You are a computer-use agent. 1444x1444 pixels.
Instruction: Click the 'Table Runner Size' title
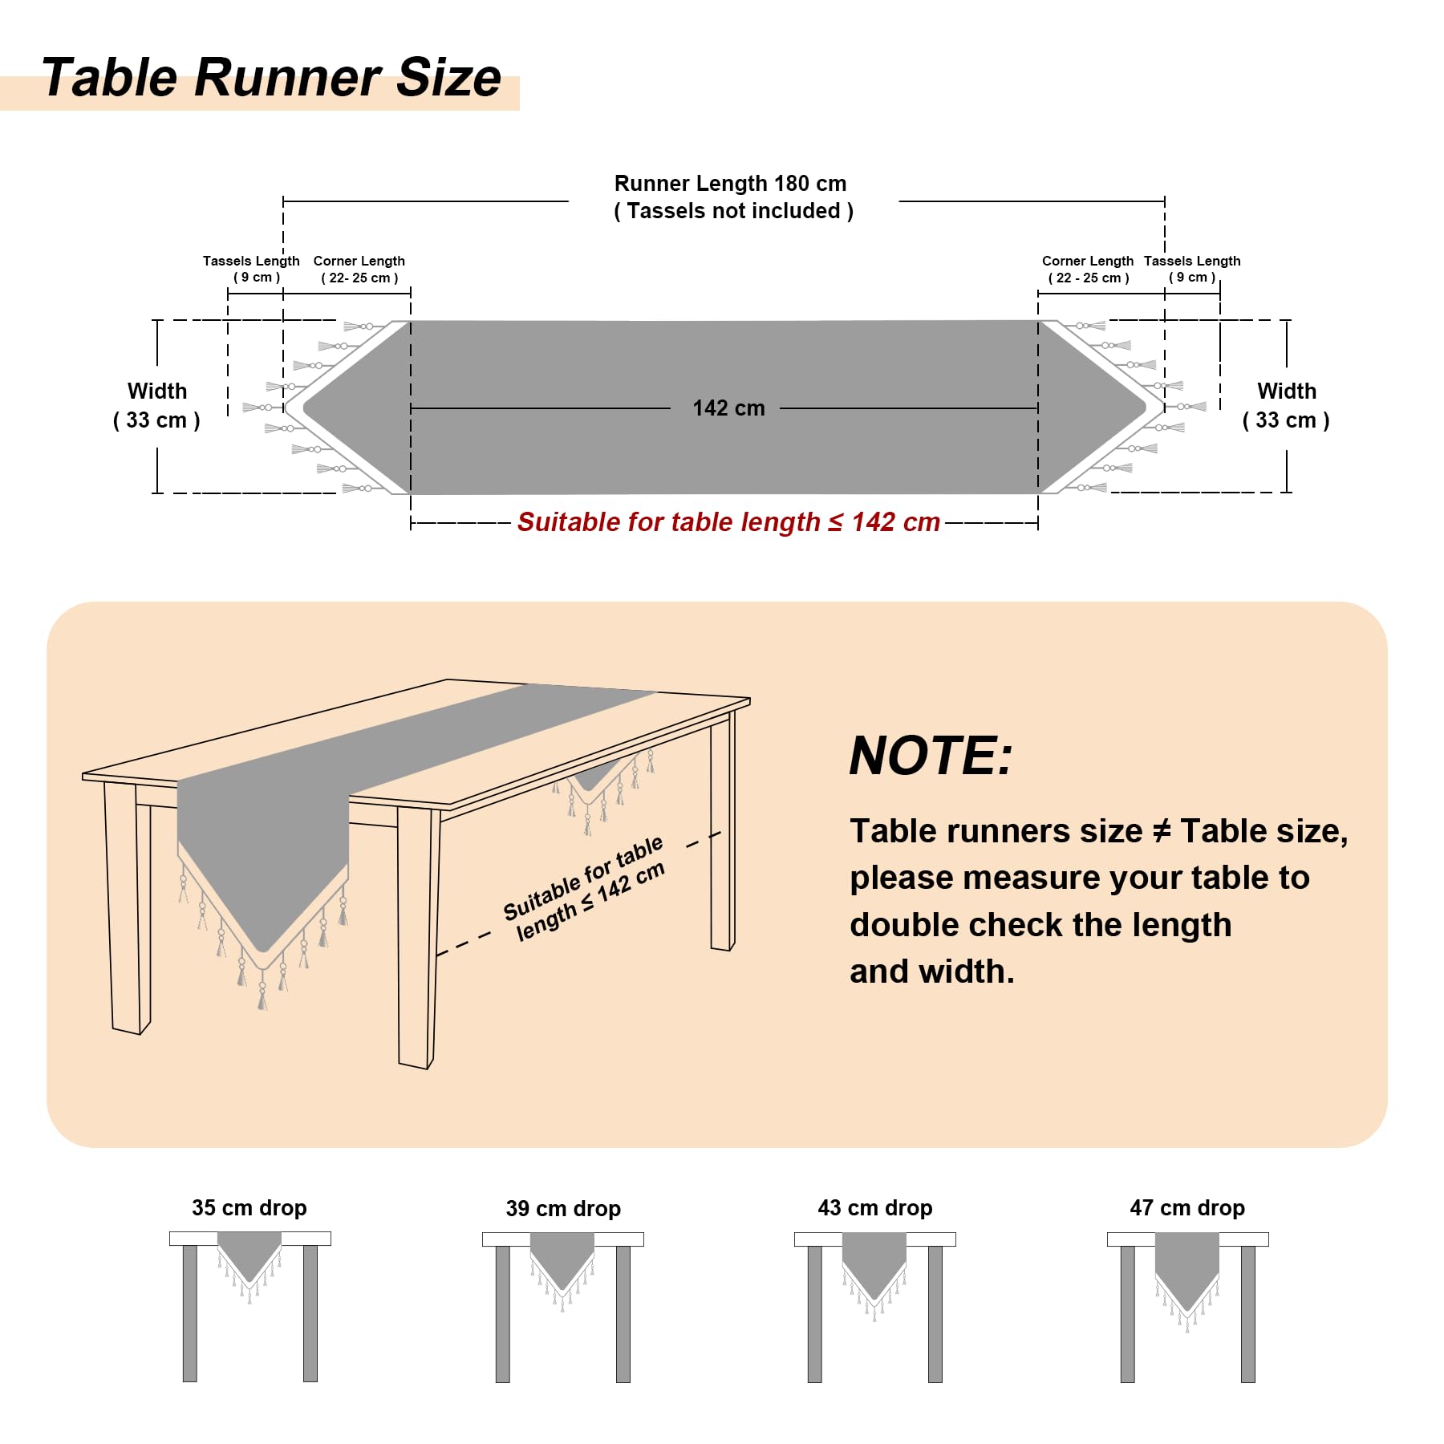point(271,78)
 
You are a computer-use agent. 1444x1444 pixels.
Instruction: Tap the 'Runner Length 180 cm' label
point(730,184)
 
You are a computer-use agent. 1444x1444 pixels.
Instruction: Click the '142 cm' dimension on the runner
point(728,408)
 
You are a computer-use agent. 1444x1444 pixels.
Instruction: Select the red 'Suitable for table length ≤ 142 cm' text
point(728,522)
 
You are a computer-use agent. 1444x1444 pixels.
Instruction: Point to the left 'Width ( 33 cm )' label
point(157,405)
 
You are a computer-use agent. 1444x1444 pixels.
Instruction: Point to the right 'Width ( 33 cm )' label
point(1286,405)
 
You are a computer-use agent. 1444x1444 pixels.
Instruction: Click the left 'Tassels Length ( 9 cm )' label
point(251,269)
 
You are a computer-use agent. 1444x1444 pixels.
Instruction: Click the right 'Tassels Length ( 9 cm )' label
point(1192,269)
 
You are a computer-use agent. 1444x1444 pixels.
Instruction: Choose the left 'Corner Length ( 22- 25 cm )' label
point(359,270)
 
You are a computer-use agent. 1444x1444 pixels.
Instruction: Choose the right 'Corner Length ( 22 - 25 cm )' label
point(1088,270)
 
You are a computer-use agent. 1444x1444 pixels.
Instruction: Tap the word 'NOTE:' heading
point(931,756)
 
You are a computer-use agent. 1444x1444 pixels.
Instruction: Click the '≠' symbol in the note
point(1161,831)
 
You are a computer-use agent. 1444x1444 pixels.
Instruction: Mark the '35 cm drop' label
point(249,1208)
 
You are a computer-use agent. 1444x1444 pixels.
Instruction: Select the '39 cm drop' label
point(563,1209)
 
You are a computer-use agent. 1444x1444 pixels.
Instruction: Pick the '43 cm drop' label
point(875,1208)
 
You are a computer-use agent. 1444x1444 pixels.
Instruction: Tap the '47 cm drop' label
point(1187,1208)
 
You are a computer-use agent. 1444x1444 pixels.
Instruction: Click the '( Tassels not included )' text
point(733,211)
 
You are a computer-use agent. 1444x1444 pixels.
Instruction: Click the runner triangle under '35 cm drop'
point(249,1251)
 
